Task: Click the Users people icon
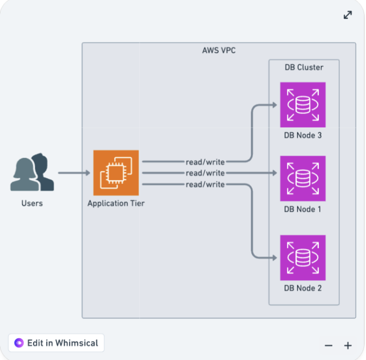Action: point(32,172)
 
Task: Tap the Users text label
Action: point(32,203)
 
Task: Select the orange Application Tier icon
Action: point(116,173)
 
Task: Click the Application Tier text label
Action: point(116,203)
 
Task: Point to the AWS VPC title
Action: point(219,51)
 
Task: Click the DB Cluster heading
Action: point(304,67)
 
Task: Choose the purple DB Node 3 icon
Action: point(303,105)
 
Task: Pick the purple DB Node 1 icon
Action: point(303,178)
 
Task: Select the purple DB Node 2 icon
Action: point(303,258)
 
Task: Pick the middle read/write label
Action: point(205,173)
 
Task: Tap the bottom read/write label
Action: point(205,184)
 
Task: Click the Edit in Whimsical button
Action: point(57,343)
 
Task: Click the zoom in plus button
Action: point(348,345)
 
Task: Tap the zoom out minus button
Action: point(328,345)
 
